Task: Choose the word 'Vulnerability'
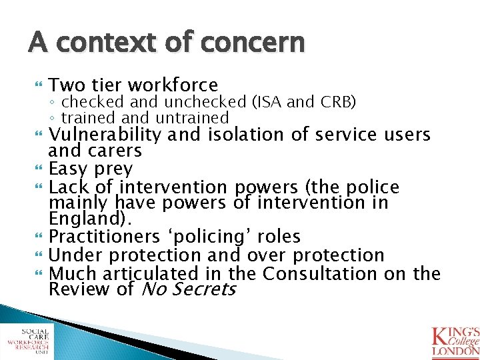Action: [105, 135]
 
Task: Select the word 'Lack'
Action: [70, 187]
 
